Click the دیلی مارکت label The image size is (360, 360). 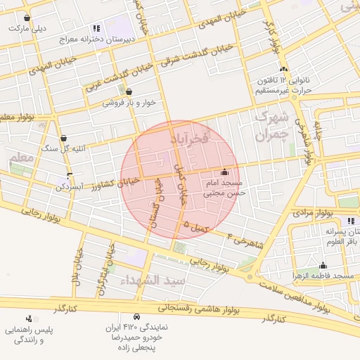27,29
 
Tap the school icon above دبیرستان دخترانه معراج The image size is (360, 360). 96,29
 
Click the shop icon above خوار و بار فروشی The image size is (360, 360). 129,91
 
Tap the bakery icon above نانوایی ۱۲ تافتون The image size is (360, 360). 283,69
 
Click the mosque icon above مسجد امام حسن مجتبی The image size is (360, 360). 224,172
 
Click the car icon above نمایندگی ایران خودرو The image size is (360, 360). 136,316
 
